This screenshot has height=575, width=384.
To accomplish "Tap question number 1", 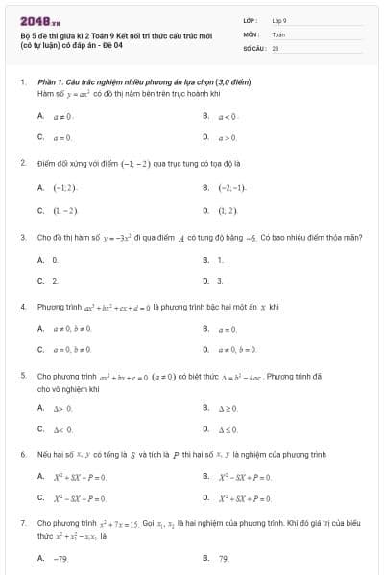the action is [x=22, y=83].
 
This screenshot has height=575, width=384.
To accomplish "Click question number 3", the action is [x=22, y=236].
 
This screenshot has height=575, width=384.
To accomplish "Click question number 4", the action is [x=22, y=307].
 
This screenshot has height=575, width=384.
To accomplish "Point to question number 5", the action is [x=22, y=376].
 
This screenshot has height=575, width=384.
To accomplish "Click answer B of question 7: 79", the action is [x=218, y=557].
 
